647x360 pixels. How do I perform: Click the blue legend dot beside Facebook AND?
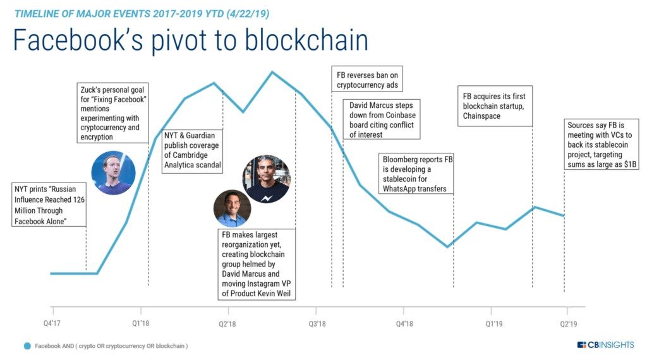27,346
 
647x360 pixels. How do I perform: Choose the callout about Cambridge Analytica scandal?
193,150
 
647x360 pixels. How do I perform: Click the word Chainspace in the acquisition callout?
481,116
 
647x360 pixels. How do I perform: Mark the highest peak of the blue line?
272,71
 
